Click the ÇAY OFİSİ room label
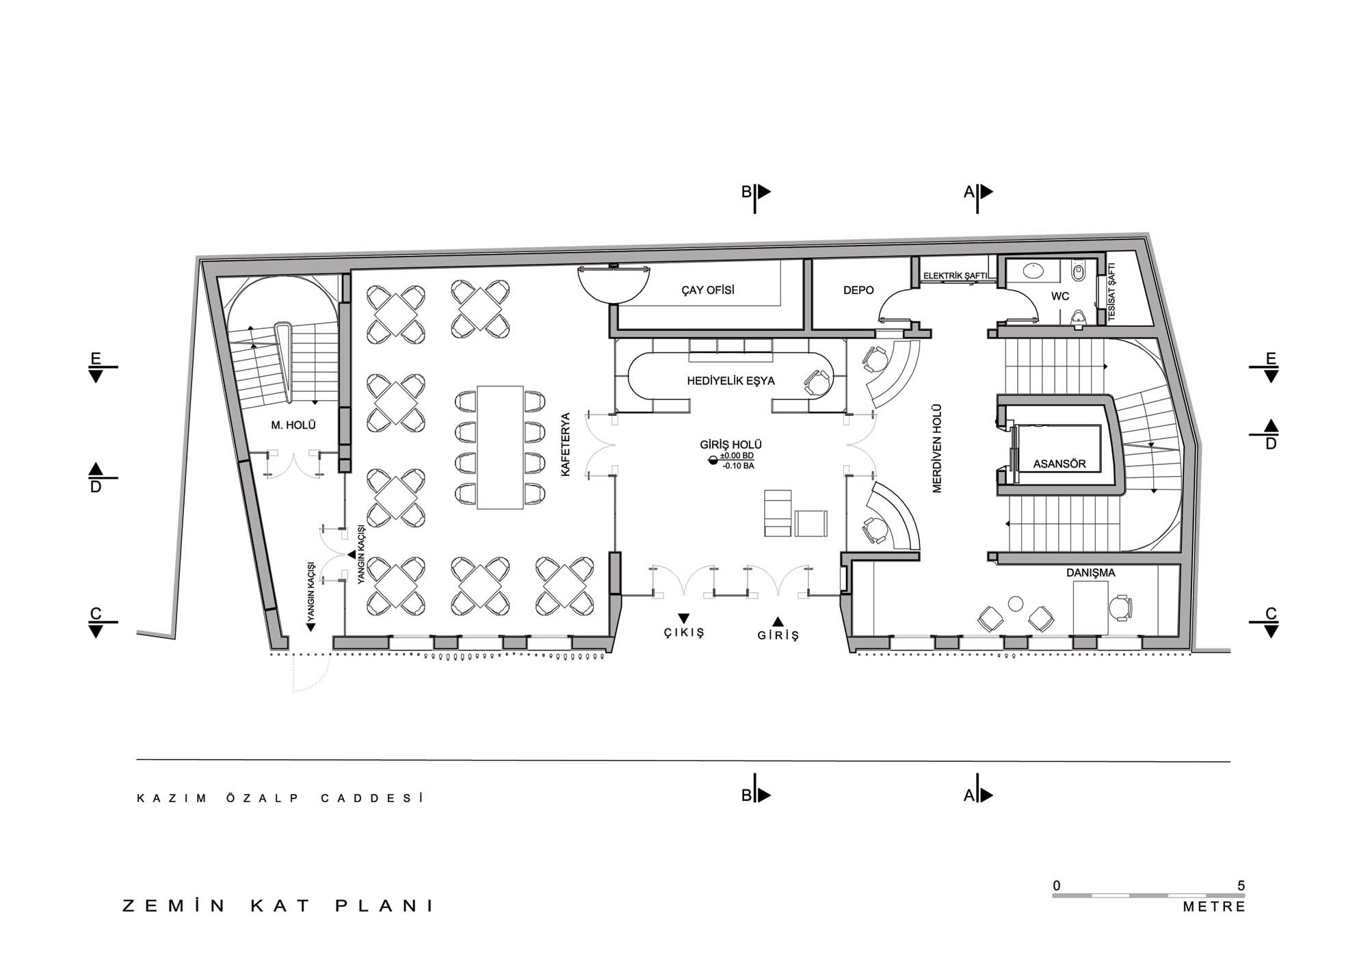[708, 290]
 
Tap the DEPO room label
[858, 290]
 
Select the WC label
[1060, 297]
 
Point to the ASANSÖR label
[1060, 464]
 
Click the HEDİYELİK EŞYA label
[731, 381]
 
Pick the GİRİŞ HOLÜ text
[731, 445]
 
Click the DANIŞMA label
[1090, 572]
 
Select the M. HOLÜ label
[293, 425]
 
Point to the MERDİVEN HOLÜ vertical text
[937, 448]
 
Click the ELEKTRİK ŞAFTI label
[956, 276]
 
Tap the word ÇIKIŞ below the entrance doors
[683, 633]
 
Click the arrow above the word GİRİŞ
[778, 621]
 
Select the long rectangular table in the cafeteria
[500, 447]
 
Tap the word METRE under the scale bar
[1214, 907]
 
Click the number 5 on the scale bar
[1241, 886]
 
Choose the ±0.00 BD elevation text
[737, 455]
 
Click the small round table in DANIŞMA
[1016, 602]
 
